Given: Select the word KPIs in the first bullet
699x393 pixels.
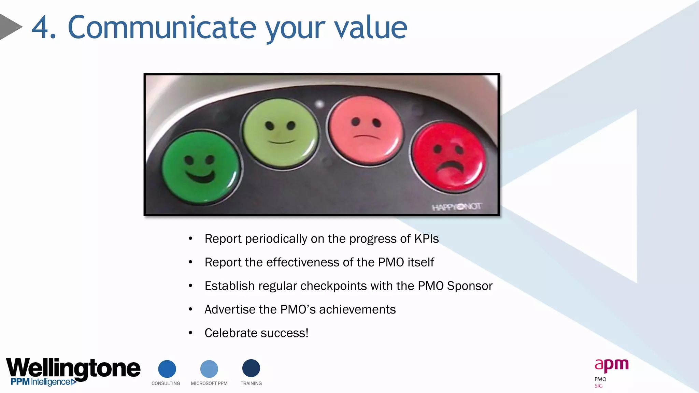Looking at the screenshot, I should [x=426, y=239].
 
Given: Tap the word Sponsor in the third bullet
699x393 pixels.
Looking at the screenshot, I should [x=470, y=286].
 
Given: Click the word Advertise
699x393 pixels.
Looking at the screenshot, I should [x=230, y=309].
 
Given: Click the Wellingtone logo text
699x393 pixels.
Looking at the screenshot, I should [x=73, y=368].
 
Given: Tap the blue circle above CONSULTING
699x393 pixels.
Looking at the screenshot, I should [x=167, y=369].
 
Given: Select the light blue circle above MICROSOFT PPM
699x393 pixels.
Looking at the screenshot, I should [x=209, y=369].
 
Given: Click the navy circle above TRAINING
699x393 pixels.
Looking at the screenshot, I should [x=251, y=368].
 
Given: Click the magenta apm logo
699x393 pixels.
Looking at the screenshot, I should [x=611, y=365].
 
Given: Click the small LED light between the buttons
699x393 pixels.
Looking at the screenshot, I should [x=319, y=104].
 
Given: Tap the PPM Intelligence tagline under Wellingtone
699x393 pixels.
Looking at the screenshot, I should [x=41, y=382].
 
